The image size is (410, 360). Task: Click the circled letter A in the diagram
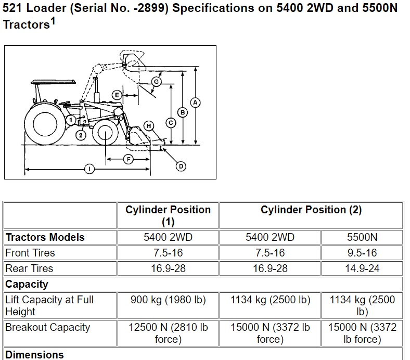pyautogui.click(x=195, y=102)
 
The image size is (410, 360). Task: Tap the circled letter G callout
pyautogui.click(x=157, y=82)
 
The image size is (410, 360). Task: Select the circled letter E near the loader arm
pyautogui.click(x=117, y=95)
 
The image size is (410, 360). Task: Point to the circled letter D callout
pyautogui.click(x=181, y=166)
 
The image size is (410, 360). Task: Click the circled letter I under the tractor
pyautogui.click(x=89, y=169)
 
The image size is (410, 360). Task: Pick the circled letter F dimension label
pyautogui.click(x=129, y=159)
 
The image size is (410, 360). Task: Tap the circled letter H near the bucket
pyautogui.click(x=149, y=126)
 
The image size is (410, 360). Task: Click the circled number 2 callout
pyautogui.click(x=81, y=135)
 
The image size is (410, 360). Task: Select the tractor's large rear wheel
pyautogui.click(x=45, y=124)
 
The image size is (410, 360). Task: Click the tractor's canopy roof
pyautogui.click(x=53, y=82)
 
